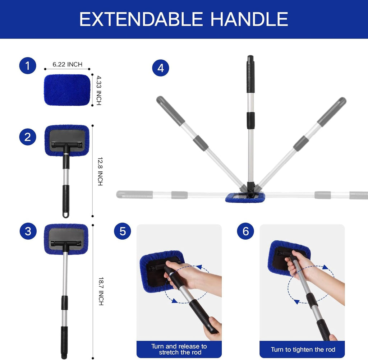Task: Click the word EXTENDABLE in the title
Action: tap(141, 19)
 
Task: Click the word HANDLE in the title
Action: tap(249, 19)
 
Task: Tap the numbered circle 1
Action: tap(28, 66)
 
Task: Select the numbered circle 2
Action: tap(28, 137)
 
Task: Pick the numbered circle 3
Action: tap(28, 232)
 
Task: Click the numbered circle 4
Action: tap(160, 68)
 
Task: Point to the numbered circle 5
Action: tap(123, 231)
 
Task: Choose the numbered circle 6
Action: tap(245, 231)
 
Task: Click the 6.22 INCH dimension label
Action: tap(67, 64)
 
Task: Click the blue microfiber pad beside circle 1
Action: tap(67, 90)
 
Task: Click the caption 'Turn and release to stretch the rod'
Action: tap(179, 349)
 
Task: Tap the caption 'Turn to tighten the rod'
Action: tap(303, 350)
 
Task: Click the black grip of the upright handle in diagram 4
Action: tap(250, 74)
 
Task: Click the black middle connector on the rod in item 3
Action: tap(64, 303)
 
